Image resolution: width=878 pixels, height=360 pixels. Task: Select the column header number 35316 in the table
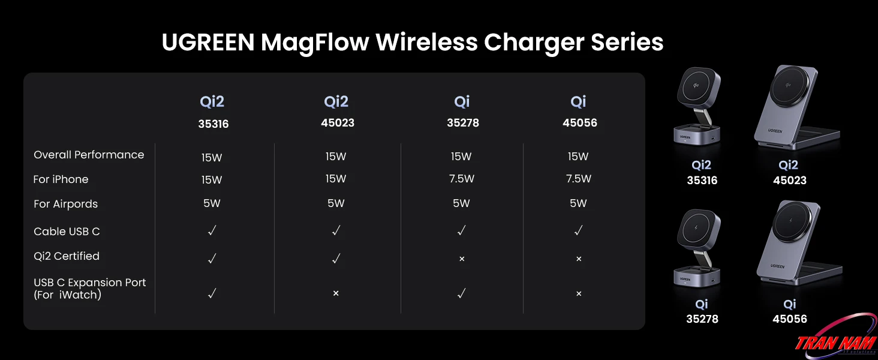[214, 124]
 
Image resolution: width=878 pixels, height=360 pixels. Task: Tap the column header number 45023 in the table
[338, 123]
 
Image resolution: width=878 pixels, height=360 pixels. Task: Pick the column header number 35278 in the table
[462, 123]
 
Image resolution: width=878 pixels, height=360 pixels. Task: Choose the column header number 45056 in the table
[580, 123]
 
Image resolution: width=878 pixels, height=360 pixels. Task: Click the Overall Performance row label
[89, 155]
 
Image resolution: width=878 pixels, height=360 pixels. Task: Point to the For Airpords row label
[65, 204]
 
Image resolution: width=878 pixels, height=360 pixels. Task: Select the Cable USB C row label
[67, 232]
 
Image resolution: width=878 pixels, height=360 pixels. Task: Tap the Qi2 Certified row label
[67, 256]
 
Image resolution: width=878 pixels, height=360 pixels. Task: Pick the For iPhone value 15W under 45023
[336, 179]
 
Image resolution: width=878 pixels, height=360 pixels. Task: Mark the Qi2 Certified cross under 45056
[579, 259]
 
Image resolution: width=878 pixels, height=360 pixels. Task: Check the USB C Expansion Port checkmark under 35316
[212, 293]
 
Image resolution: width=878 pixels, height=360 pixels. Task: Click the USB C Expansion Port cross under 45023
[336, 294]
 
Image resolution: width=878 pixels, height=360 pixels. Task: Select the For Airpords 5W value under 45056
[578, 203]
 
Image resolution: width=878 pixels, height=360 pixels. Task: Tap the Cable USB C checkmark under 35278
[461, 230]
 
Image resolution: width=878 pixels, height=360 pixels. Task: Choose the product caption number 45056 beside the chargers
[790, 319]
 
